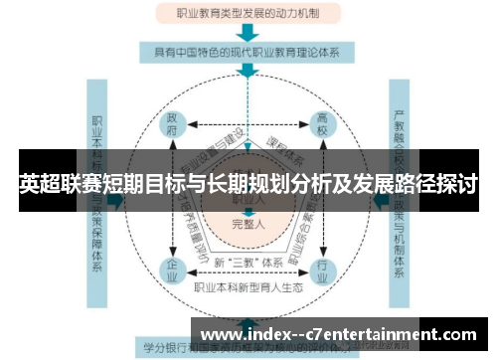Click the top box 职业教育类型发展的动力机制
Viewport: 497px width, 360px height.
(248, 14)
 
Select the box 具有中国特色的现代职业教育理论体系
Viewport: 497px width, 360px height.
(248, 53)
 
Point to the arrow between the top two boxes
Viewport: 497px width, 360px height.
(248, 33)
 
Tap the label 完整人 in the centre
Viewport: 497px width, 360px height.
(248, 225)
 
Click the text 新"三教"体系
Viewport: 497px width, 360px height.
(248, 262)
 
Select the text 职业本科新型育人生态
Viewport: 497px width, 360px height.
(248, 286)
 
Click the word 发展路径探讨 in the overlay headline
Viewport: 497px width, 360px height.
(417, 184)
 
